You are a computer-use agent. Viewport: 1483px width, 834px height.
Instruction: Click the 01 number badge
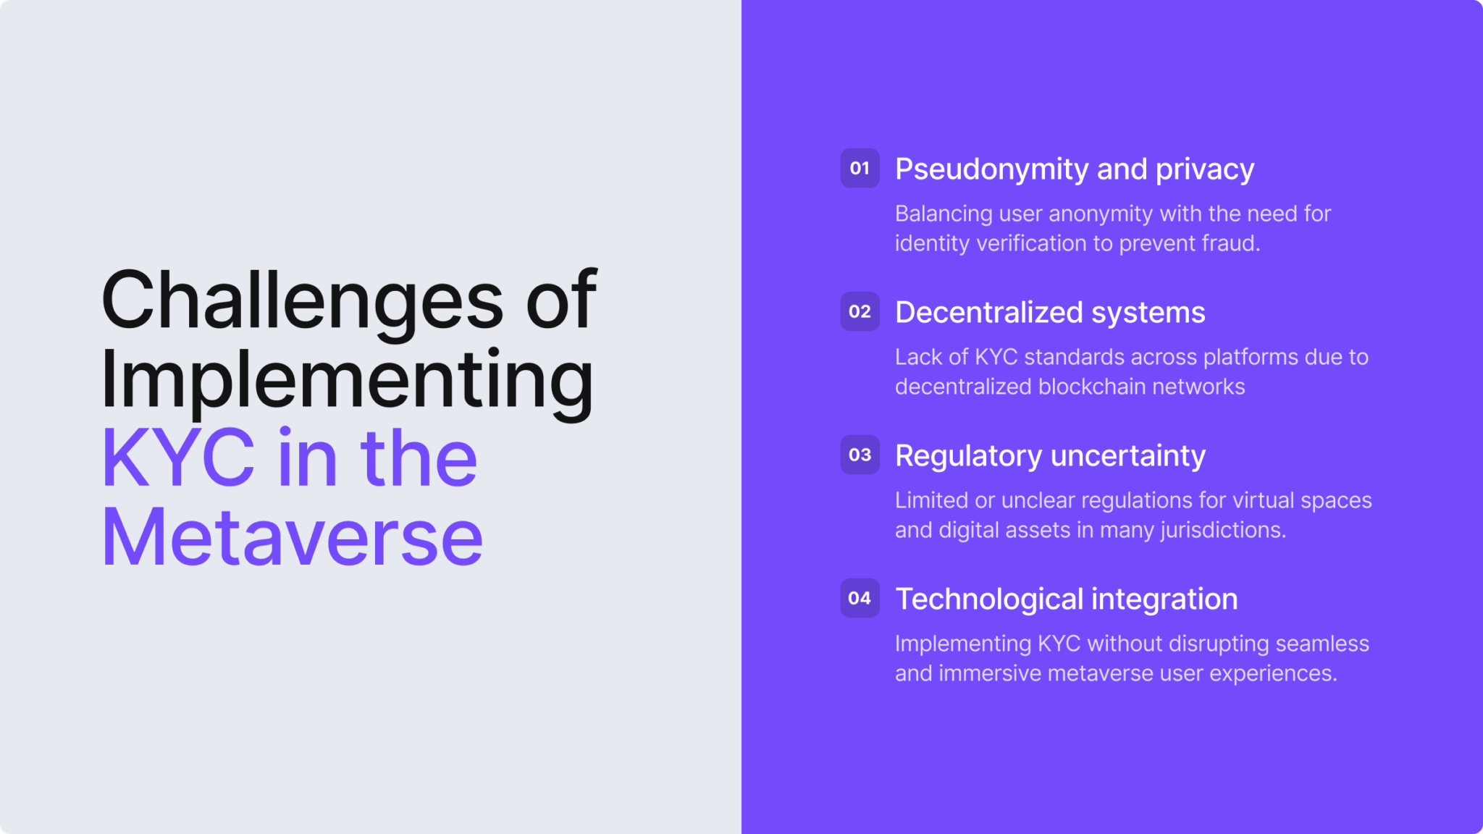(860, 168)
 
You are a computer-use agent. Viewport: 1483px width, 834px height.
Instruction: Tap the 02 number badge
(860, 311)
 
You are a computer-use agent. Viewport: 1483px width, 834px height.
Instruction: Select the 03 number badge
(860, 455)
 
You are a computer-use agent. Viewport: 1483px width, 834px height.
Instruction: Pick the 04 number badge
(860, 598)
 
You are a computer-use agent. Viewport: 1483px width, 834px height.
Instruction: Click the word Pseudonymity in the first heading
(991, 169)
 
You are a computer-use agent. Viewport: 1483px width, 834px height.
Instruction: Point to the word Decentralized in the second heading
(988, 313)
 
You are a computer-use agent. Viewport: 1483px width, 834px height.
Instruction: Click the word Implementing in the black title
(347, 380)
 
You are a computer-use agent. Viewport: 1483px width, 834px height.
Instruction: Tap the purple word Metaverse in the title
(292, 538)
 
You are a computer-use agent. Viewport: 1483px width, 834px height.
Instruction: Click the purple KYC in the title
(178, 458)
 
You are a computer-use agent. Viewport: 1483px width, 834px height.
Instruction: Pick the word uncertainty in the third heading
(1127, 456)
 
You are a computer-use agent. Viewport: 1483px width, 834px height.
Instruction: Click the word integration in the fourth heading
(1164, 599)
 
